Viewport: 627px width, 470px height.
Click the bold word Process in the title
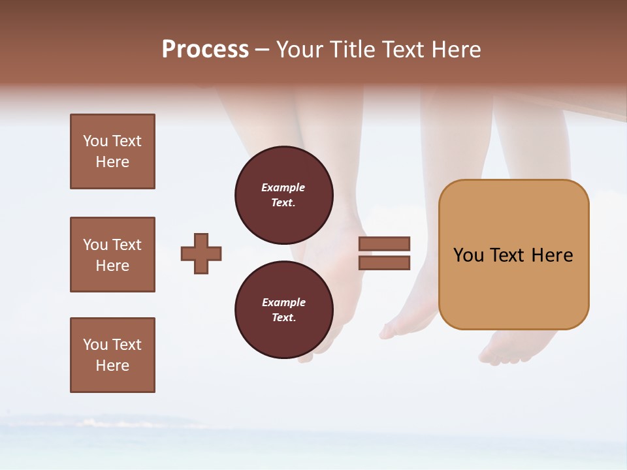(205, 50)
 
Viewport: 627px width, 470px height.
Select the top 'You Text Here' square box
(112, 151)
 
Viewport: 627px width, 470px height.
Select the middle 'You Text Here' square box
(112, 255)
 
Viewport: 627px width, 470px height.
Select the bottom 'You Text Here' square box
(112, 355)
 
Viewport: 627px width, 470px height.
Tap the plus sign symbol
(201, 253)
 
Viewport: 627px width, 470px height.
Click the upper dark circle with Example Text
(283, 195)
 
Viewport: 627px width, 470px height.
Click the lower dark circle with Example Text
(283, 309)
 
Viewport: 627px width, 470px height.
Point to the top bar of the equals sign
(384, 243)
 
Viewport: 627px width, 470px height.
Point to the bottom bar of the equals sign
(384, 262)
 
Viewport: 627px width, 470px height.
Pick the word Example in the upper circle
(283, 187)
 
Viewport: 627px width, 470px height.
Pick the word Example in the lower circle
(283, 302)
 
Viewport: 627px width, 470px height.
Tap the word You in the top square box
(95, 141)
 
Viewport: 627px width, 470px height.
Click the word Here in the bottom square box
(112, 366)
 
